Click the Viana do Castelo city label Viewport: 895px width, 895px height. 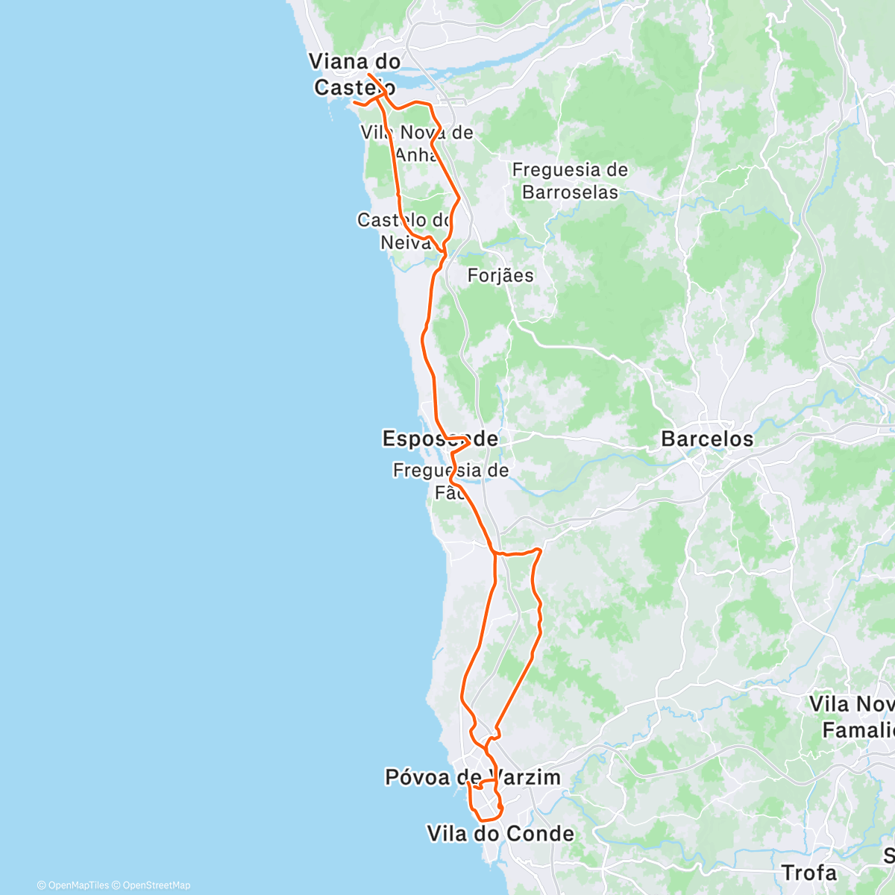[355, 75]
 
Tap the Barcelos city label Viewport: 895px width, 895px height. [707, 439]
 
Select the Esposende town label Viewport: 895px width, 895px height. [440, 439]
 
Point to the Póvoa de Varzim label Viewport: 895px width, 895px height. [472, 777]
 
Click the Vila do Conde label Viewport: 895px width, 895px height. [500, 833]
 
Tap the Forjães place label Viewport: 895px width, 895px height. [500, 276]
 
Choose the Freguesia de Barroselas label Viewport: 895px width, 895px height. [570, 181]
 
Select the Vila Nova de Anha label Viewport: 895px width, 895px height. [417, 143]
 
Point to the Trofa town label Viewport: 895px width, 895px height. [809, 872]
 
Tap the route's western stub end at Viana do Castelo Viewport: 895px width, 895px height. [355, 101]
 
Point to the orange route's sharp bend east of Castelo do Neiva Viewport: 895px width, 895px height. [458, 199]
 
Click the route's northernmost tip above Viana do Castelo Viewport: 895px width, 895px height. [369, 75]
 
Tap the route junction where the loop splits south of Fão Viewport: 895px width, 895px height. [495, 553]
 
